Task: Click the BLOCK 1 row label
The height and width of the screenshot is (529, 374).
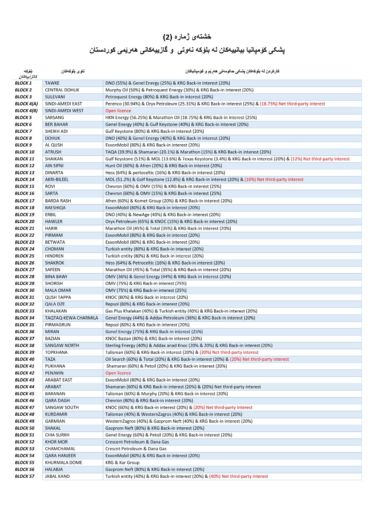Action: pos(23,83)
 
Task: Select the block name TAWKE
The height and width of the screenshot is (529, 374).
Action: pos(52,83)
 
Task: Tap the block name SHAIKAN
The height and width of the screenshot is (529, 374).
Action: pos(54,159)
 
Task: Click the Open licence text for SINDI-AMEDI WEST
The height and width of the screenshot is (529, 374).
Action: pos(118,111)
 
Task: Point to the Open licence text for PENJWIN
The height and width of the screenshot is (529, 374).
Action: pos(118,373)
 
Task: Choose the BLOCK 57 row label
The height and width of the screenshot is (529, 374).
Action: pos(24,476)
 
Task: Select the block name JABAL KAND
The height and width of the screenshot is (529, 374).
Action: pos(57,476)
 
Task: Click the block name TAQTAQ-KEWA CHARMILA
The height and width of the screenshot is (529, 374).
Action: pos(71,318)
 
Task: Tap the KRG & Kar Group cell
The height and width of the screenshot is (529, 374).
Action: pos(122,462)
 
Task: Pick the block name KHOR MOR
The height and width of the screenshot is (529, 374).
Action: pos(56,442)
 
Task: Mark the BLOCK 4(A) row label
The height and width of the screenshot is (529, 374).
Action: pos(26,104)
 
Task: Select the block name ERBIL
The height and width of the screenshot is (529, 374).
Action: pos(51,214)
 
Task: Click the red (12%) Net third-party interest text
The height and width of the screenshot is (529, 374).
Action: pos(320,159)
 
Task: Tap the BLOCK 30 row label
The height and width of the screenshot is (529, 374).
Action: pos(24,290)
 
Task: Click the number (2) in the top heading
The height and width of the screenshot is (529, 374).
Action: pos(167,37)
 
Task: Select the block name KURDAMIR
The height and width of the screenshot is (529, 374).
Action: pos(56,414)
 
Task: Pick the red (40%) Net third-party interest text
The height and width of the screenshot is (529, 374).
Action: pos(238,476)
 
